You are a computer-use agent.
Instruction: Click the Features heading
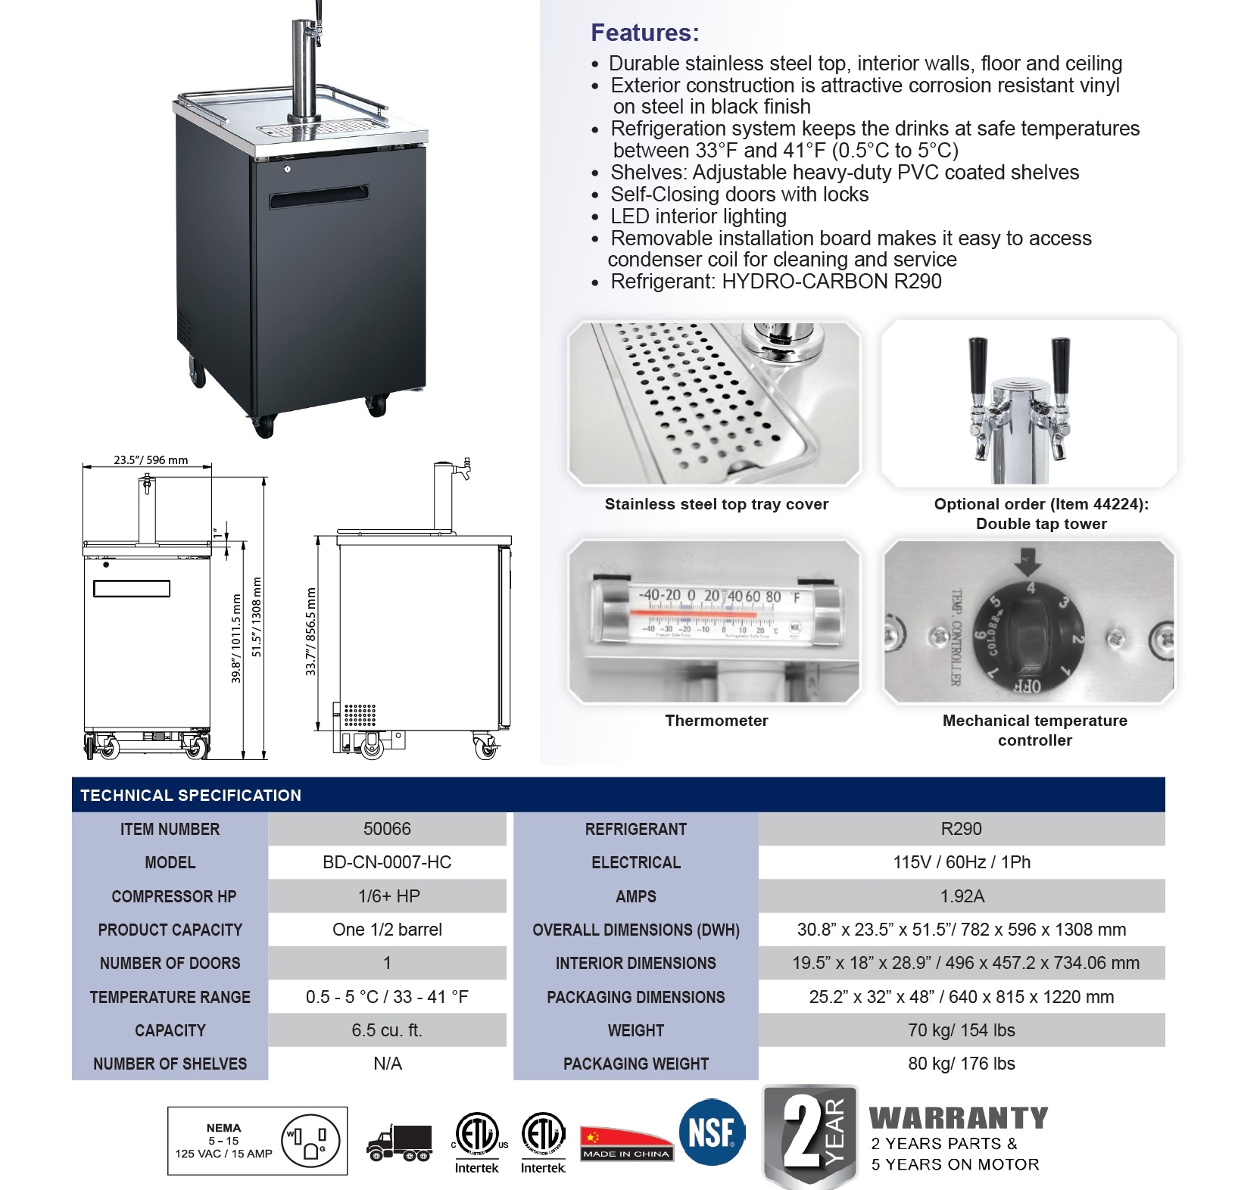click(644, 33)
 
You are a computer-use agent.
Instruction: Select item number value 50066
click(387, 829)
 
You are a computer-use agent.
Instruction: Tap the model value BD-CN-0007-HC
click(387, 862)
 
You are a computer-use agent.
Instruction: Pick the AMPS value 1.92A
click(962, 896)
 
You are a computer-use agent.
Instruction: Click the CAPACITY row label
click(170, 1030)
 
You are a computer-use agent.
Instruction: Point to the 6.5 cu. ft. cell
click(387, 1030)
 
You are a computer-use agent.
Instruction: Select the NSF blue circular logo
click(712, 1132)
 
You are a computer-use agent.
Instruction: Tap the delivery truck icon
click(399, 1143)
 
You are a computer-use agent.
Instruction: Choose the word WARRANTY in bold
click(959, 1118)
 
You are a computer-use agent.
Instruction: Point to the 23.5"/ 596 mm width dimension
click(151, 459)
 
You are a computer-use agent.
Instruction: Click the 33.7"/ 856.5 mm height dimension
click(310, 632)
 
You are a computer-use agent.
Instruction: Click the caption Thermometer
click(716, 721)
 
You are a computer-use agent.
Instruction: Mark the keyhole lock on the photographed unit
click(287, 169)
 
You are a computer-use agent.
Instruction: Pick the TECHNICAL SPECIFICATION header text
click(191, 796)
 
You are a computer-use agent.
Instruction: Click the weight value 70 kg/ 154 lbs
click(962, 1030)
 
